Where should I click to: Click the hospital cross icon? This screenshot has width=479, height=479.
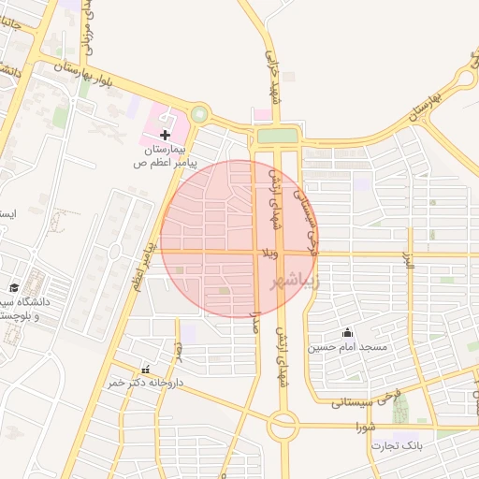tap(166, 135)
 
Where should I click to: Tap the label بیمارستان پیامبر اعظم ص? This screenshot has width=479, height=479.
tap(166, 156)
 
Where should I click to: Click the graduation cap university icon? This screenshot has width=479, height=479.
tap(14, 287)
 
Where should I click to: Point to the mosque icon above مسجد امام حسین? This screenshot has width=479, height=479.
tap(348, 331)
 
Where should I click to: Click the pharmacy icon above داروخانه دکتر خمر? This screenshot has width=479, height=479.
tap(146, 369)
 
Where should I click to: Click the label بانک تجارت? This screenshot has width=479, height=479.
tap(398, 445)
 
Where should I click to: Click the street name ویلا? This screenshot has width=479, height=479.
tap(268, 254)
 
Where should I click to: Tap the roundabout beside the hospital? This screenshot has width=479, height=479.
tap(198, 116)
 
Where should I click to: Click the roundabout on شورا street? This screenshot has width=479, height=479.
tap(283, 428)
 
